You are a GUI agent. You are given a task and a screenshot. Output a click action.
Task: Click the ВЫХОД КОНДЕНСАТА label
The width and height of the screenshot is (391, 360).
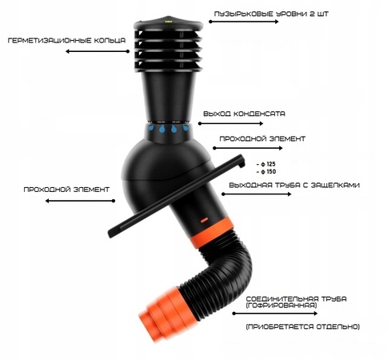pos(244,114)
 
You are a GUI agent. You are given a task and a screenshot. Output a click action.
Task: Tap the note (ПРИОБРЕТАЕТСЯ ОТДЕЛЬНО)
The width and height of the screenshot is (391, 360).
pos(302,327)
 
